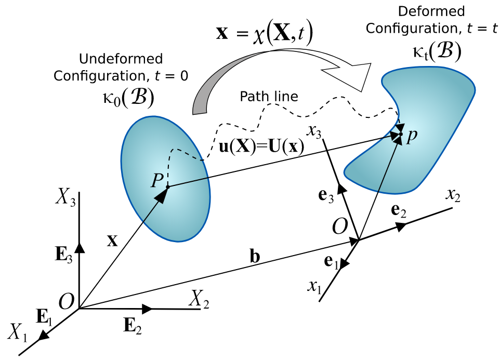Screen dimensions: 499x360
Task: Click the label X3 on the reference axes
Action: [65, 197]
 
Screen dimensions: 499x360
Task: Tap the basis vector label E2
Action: [133, 326]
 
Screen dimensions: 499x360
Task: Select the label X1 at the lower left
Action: [18, 332]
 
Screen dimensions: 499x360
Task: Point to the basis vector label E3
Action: [64, 255]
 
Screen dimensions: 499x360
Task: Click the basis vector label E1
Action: [44, 317]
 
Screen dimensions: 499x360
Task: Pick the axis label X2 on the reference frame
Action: [199, 299]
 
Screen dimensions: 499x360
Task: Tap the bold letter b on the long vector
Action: [255, 256]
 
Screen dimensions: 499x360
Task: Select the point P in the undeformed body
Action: [157, 181]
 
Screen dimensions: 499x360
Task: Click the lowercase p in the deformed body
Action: [411, 136]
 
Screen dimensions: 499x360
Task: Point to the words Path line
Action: [269, 96]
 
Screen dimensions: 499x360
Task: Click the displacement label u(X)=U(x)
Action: [261, 146]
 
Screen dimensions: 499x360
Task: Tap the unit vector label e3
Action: [326, 195]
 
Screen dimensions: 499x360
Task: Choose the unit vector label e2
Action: [399, 210]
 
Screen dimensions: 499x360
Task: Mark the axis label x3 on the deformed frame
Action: [314, 131]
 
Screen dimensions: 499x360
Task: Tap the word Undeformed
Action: [121, 59]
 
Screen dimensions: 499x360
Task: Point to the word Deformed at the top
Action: [431, 11]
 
